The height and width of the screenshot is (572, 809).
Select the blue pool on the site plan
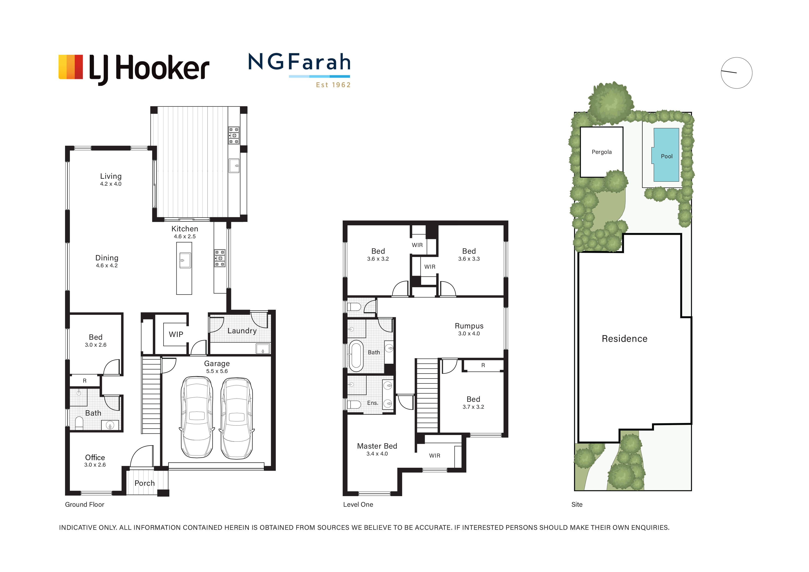666,155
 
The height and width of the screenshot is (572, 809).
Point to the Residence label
624,339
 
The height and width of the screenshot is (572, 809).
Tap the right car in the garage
237,418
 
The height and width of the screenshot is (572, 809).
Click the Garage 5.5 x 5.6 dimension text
217,371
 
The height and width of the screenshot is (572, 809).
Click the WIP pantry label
176,334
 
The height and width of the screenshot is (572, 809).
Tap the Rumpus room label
469,326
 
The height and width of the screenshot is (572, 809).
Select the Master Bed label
377,446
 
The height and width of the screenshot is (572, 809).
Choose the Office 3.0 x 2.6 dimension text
95,465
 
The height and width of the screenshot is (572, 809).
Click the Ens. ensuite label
372,403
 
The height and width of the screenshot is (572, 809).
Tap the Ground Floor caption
85,504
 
